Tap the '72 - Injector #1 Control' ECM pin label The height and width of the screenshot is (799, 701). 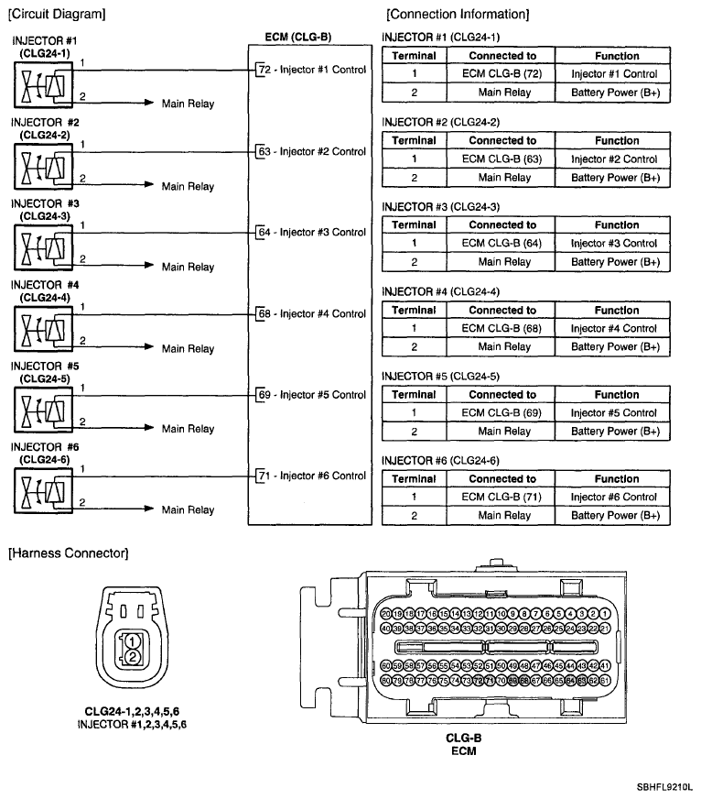[x=312, y=70]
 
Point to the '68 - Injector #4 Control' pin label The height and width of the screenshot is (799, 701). [x=312, y=313]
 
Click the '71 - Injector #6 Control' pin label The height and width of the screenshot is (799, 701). [x=312, y=476]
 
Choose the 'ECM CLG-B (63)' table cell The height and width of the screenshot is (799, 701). [x=501, y=159]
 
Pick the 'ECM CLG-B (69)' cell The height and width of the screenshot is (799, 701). [x=501, y=413]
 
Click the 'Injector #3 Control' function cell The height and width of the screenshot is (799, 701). [x=613, y=244]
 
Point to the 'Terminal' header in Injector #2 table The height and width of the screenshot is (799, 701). [x=414, y=141]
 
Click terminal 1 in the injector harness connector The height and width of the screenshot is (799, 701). [x=133, y=640]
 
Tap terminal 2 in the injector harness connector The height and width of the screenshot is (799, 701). [x=133, y=657]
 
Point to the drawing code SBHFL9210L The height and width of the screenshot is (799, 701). [x=665, y=787]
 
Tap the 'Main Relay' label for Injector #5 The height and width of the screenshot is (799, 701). [x=188, y=429]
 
